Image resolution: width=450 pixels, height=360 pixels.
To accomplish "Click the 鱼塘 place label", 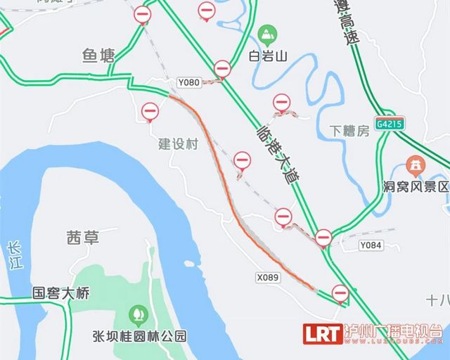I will pyautogui.click(x=98, y=55).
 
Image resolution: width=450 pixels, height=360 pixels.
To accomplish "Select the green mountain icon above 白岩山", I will pyautogui.click(x=266, y=33).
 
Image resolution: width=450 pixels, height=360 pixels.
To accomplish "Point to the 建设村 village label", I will pyautogui.click(x=179, y=144).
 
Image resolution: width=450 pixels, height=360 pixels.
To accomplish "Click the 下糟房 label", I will pyautogui.click(x=349, y=131).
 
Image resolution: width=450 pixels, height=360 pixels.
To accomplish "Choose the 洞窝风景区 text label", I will pyautogui.click(x=415, y=187).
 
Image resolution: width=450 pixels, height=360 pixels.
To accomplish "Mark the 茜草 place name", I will pyautogui.click(x=82, y=238).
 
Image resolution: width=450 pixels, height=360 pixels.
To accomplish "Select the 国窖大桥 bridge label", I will pyautogui.click(x=61, y=293).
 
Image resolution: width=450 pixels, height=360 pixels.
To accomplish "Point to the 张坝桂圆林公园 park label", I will pyautogui.click(x=139, y=335).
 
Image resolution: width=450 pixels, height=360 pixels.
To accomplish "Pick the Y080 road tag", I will pyautogui.click(x=188, y=83).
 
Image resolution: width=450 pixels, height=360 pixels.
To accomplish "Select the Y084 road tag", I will pyautogui.click(x=370, y=245).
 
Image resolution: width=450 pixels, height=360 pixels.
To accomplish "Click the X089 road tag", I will pyautogui.click(x=268, y=277).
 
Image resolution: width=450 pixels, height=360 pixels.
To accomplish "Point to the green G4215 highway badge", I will pyautogui.click(x=388, y=122).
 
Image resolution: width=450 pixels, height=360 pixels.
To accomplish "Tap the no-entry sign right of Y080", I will pyautogui.click(x=222, y=69).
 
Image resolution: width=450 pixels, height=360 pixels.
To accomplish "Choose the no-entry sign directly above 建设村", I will pyautogui.click(x=150, y=111).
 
